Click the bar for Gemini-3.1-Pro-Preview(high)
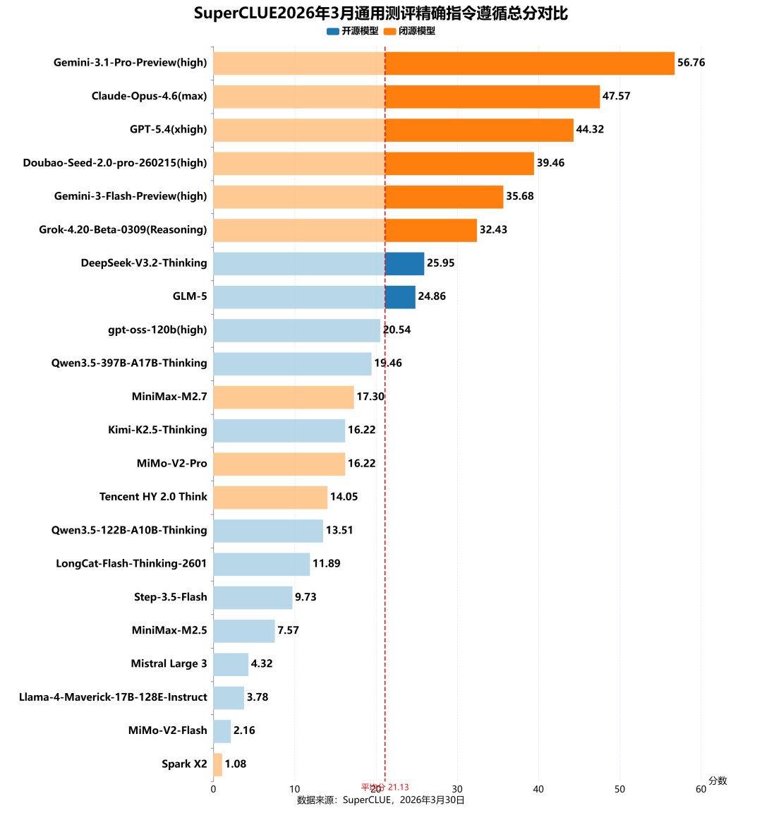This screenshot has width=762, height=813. coord(443,63)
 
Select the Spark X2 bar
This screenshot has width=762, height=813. coord(218,764)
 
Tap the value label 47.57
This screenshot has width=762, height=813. coord(616,96)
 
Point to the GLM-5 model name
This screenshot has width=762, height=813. coord(190,296)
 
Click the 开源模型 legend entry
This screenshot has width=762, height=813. coord(353,31)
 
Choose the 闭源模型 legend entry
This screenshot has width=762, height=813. coord(410,31)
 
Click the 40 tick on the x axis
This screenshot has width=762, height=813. coord(538,789)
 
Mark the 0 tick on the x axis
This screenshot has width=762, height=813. coord(213,789)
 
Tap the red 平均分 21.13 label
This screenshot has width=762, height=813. coord(385,787)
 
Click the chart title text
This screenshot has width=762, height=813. coord(381,13)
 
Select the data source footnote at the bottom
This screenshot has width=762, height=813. coord(381,800)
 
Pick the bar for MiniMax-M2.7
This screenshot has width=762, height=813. coord(283,397)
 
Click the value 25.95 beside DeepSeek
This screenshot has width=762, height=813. coord(440,263)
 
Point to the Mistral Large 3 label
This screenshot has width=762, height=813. coord(169,664)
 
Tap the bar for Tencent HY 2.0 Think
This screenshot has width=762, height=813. coord(270,497)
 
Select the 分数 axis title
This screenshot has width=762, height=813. coord(718,781)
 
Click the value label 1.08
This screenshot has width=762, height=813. coord(235,764)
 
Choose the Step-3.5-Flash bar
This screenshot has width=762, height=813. coord(253,597)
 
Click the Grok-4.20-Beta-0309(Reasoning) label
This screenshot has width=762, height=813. coord(123,230)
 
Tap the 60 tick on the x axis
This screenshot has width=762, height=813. coord(701,789)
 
